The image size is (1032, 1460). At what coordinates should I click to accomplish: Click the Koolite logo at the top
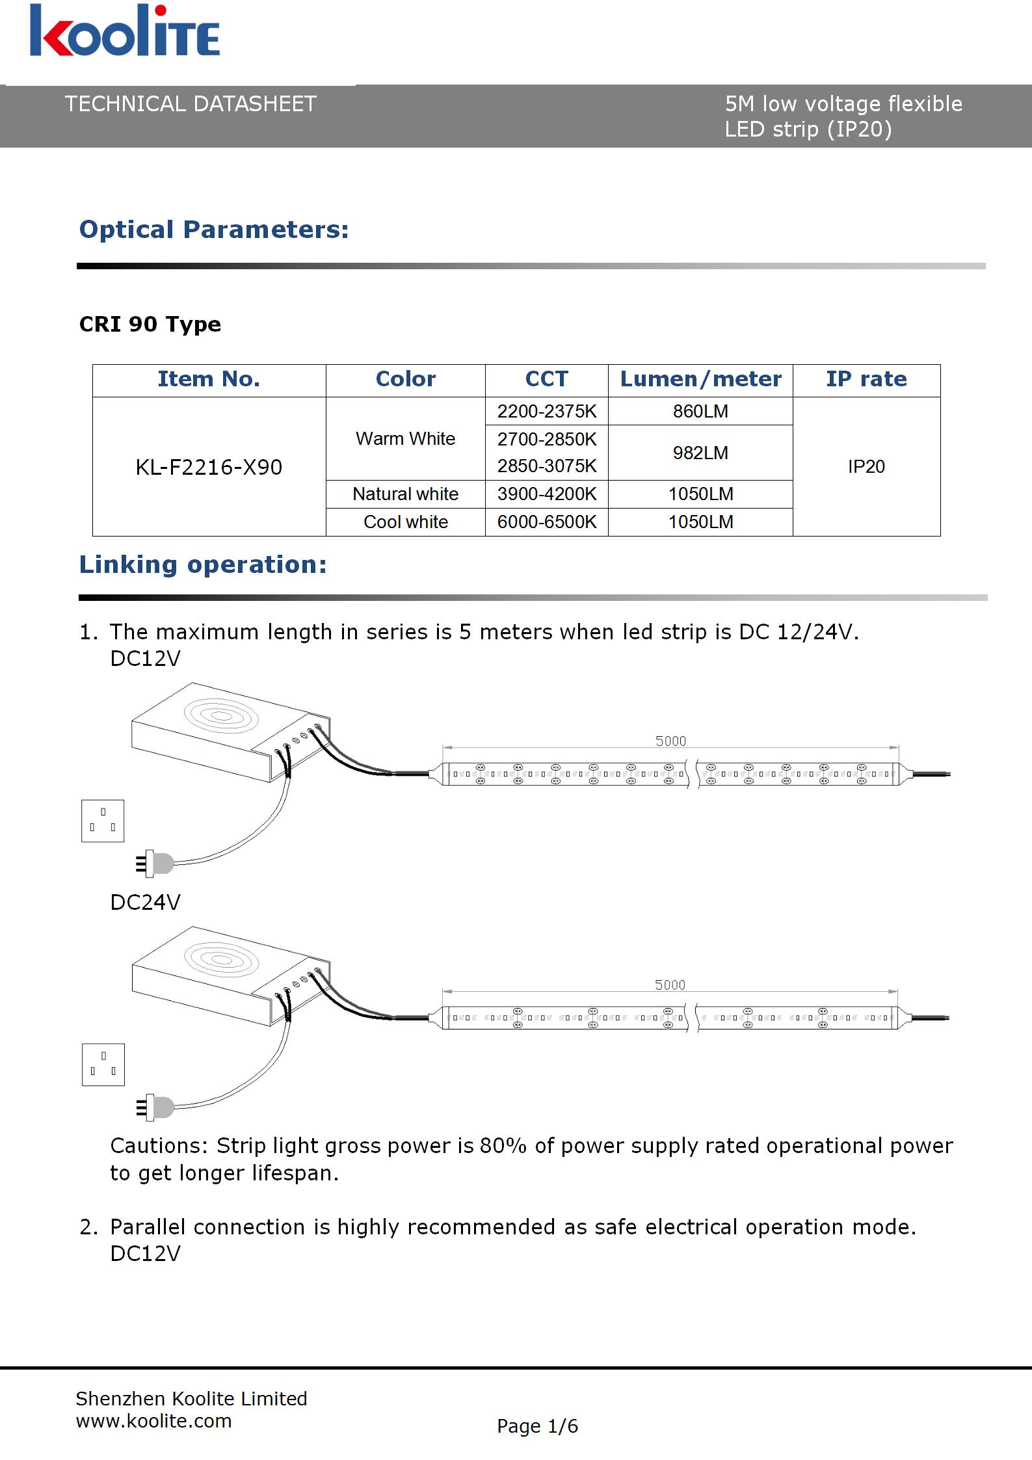click(124, 31)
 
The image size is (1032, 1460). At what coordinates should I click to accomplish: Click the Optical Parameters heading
click(214, 230)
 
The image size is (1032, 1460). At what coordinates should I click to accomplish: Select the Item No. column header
click(209, 379)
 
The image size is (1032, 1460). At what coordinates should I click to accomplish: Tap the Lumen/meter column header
click(700, 379)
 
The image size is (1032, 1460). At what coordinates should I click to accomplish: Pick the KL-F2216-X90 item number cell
click(209, 467)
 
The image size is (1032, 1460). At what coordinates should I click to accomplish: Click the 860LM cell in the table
click(700, 411)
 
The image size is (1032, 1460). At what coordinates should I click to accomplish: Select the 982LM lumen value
click(700, 453)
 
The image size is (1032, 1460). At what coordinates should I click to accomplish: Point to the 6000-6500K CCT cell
click(547, 522)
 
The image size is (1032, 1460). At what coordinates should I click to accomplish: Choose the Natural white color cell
click(405, 494)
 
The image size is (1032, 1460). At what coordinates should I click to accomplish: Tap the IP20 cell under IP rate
click(866, 466)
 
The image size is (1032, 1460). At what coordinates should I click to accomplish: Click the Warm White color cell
click(405, 438)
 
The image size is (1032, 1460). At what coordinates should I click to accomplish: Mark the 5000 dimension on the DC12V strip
click(670, 741)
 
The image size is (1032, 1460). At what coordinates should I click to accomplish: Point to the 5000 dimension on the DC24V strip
click(670, 985)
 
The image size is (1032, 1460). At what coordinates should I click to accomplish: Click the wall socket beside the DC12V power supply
click(103, 821)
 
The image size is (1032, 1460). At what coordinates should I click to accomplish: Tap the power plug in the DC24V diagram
click(155, 1108)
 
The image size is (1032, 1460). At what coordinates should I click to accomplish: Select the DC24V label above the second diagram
click(145, 902)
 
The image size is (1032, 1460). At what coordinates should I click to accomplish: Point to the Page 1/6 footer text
click(537, 1426)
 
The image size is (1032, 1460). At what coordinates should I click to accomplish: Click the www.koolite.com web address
click(153, 1421)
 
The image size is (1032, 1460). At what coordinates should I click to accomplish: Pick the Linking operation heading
click(203, 564)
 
